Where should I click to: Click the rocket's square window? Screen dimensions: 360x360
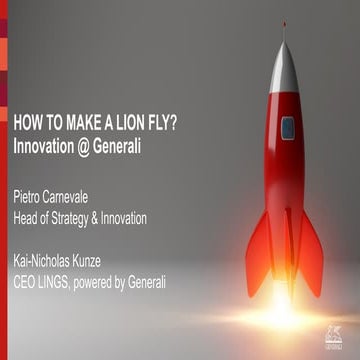point(288,128)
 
